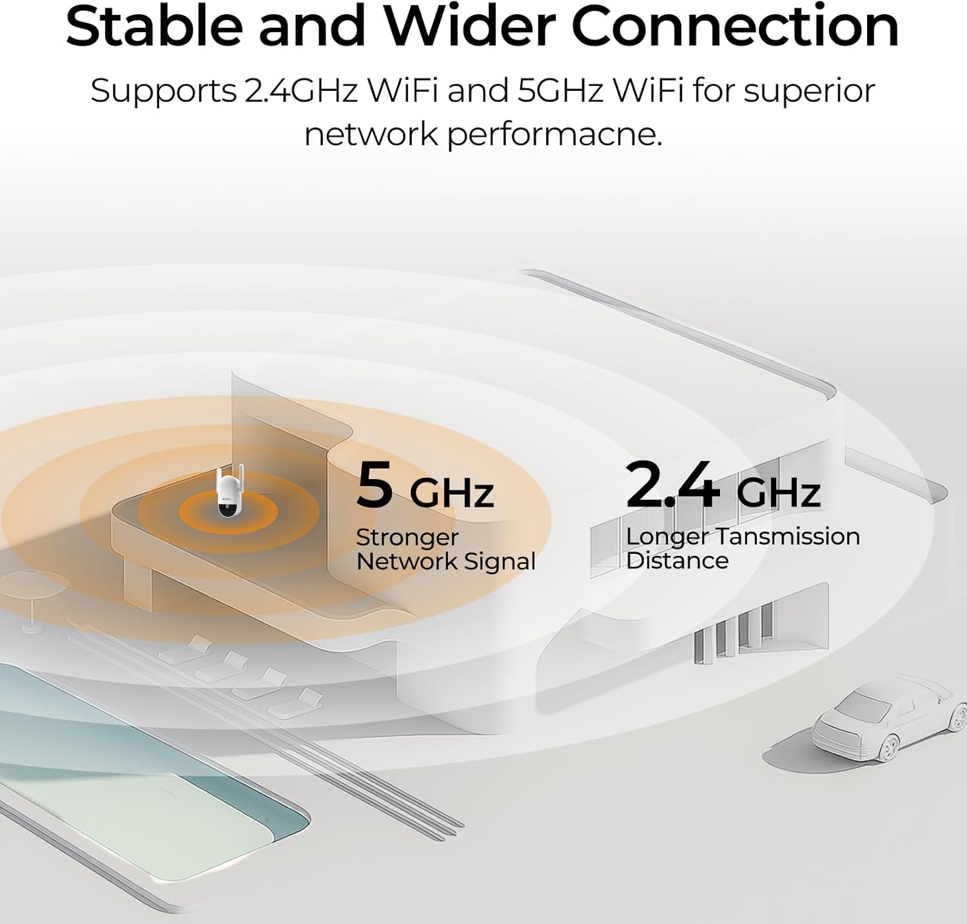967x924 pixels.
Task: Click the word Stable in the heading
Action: click(154, 26)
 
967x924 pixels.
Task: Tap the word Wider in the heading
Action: click(470, 26)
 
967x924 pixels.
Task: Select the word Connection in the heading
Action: click(735, 26)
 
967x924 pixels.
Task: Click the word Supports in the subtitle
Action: click(164, 92)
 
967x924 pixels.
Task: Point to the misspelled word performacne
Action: click(554, 135)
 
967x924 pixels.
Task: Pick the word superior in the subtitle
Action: click(810, 92)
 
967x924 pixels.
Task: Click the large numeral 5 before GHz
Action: click(375, 484)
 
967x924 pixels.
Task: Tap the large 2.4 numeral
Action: click(672, 483)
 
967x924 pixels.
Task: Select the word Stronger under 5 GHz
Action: click(407, 538)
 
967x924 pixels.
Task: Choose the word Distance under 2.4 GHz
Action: click(677, 560)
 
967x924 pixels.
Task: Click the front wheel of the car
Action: click(889, 747)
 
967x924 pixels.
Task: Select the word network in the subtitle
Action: click(371, 135)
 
